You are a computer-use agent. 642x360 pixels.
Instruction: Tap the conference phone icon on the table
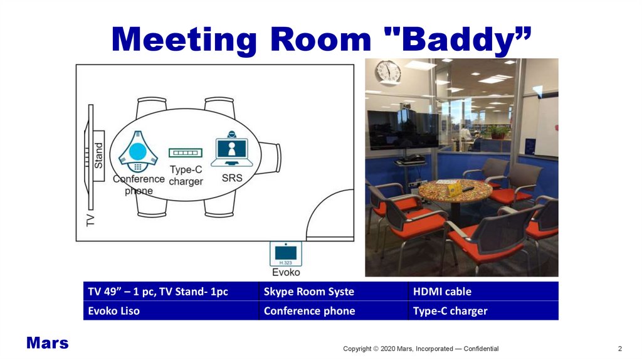coord(138,152)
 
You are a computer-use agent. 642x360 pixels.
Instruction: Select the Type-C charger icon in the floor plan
coord(186,153)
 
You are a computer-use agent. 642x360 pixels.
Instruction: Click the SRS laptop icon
coord(232,149)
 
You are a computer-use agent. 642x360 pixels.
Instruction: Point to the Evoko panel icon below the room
coord(286,254)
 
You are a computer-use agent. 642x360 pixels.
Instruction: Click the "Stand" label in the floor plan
coord(98,156)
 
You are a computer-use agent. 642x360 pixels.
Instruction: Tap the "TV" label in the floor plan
coord(90,220)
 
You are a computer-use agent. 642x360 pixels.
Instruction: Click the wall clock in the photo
coord(387,73)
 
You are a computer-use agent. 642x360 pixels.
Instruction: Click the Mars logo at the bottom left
coord(48,343)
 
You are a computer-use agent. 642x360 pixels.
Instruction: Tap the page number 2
coord(620,349)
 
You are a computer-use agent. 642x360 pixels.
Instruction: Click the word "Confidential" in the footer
coord(481,349)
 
